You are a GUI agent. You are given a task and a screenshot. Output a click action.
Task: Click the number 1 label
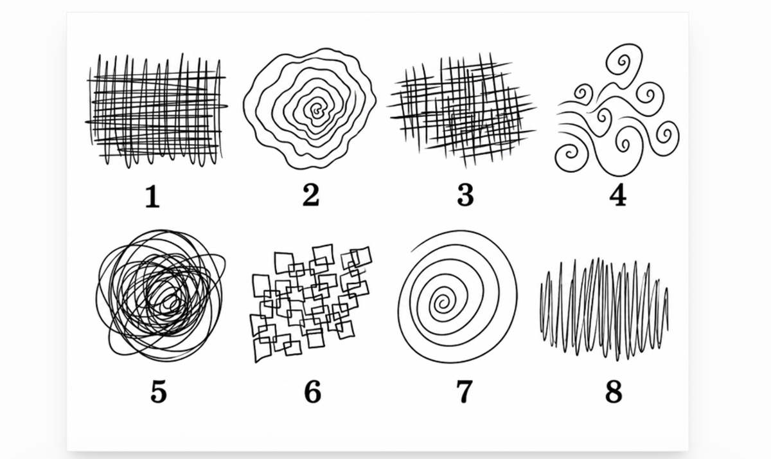pyautogui.click(x=153, y=196)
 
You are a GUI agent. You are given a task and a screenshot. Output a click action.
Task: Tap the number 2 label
pyautogui.click(x=311, y=195)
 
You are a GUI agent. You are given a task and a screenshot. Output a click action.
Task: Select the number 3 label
pyautogui.click(x=465, y=195)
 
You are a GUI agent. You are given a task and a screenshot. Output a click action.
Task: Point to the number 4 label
pyautogui.click(x=618, y=195)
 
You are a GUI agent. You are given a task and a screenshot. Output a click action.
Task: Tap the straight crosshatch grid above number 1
pyautogui.click(x=157, y=110)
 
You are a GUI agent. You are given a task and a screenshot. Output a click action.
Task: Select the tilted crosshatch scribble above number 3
pyautogui.click(x=461, y=110)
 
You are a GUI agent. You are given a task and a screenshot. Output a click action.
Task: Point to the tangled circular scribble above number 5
pyautogui.click(x=161, y=296)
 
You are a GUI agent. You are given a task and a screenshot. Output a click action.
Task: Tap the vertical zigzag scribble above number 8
pyautogui.click(x=604, y=309)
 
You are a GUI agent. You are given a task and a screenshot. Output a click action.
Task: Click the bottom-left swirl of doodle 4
pyautogui.click(x=570, y=156)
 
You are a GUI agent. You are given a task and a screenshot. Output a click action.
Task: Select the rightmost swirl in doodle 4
pyautogui.click(x=666, y=137)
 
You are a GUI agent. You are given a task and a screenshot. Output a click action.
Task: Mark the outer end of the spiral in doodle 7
pyautogui.click(x=412, y=252)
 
